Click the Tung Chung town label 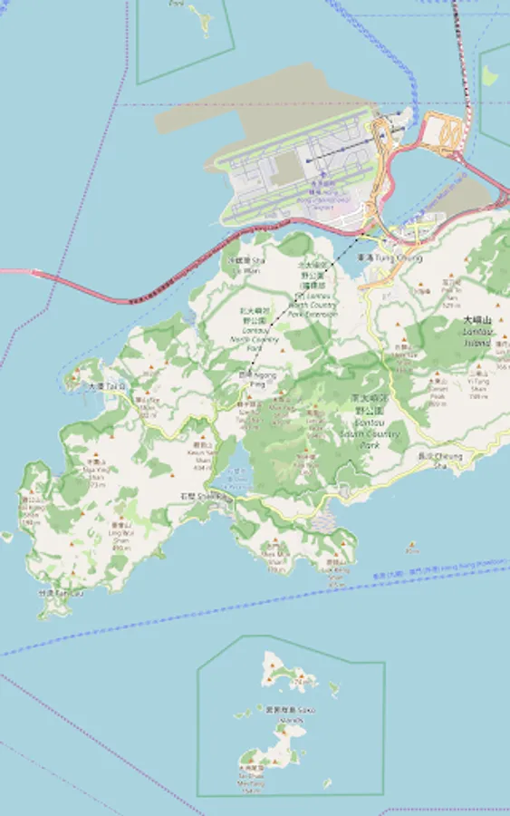point(390,258)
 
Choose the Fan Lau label point(53,593)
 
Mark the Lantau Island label point(476,332)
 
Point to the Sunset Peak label point(438,392)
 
